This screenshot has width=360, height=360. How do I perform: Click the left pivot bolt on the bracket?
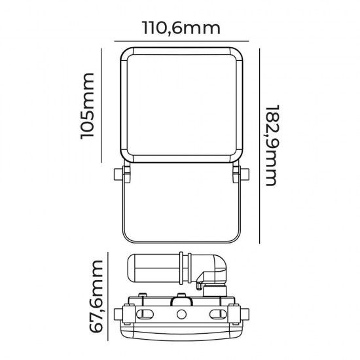[117, 175]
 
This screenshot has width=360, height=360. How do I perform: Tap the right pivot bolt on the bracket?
[243, 175]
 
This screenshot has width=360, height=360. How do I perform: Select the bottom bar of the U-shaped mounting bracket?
[180, 238]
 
